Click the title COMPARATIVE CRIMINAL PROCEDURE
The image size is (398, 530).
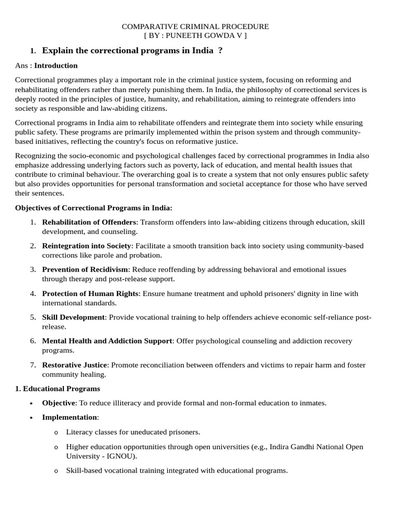coord(195,26)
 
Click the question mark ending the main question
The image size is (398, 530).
coord(220,51)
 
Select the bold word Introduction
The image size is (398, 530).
coord(56,66)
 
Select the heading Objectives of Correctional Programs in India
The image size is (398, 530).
coord(93,208)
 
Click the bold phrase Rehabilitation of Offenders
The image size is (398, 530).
coord(89,222)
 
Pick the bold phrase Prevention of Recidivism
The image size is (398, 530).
coord(85,270)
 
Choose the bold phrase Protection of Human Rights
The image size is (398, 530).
coord(90,293)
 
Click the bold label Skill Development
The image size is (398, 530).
coord(73,317)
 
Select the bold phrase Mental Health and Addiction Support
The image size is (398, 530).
coord(107,341)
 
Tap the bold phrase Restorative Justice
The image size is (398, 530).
coord(75,365)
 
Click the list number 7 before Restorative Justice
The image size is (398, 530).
coord(32,365)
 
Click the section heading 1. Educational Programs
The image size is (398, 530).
coord(58,389)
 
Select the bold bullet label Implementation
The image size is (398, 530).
coord(69,417)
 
